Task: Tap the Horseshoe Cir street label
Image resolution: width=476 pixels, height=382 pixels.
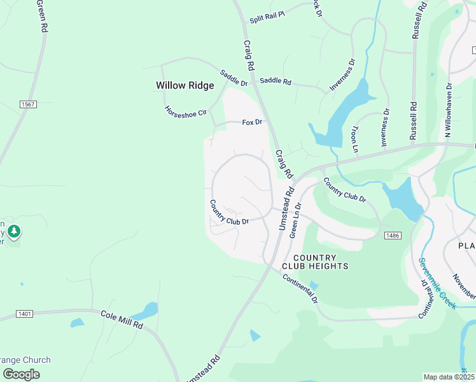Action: pos(186,112)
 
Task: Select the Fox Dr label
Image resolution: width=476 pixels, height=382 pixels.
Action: pos(252,122)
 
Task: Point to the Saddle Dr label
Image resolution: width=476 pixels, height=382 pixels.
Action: pos(234,78)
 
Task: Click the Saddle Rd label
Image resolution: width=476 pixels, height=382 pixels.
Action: pos(275,81)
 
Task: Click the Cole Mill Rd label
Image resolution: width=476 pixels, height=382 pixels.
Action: pos(122,319)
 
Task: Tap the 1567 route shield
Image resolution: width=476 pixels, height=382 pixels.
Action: pos(27,104)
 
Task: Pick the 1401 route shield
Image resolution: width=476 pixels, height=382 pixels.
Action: pos(25,314)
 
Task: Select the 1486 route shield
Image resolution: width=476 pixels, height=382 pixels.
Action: pos(392,236)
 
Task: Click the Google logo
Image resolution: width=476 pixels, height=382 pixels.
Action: pos(21,374)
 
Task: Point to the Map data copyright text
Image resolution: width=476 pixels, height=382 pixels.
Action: pos(449,377)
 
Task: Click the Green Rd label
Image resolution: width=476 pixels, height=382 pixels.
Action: pos(42,17)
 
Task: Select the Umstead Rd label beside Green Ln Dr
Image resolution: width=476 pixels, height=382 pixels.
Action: pos(284,208)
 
